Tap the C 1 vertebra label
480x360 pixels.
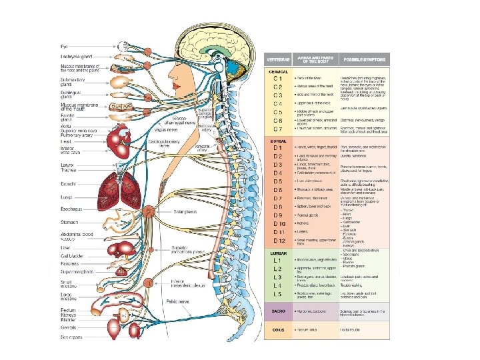pyautogui.click(x=277, y=79)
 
